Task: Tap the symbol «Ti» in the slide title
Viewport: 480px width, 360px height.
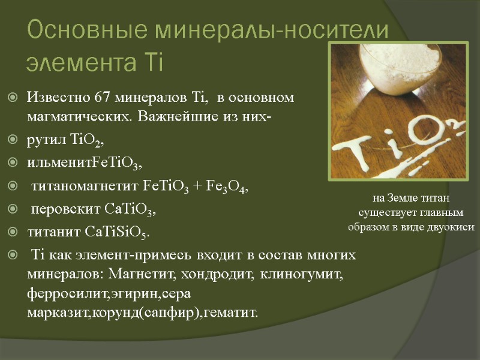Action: pos(152,62)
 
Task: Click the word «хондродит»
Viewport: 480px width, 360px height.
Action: pos(221,274)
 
